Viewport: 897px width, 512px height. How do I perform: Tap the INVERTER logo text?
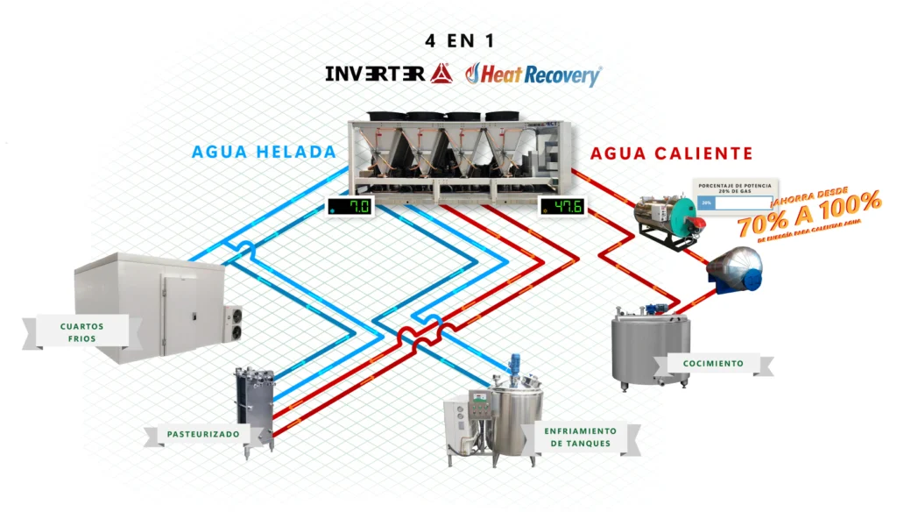coord(377,74)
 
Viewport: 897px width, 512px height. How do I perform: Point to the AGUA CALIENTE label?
coord(672,153)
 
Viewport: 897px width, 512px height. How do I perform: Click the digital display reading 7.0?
coord(350,207)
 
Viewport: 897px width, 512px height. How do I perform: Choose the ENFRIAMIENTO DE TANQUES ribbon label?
coord(579,437)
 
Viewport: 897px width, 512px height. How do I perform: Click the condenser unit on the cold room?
coord(234,321)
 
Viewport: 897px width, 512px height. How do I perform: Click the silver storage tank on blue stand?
coord(735,268)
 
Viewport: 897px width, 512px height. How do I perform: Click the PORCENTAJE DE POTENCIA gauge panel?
coord(733,196)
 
